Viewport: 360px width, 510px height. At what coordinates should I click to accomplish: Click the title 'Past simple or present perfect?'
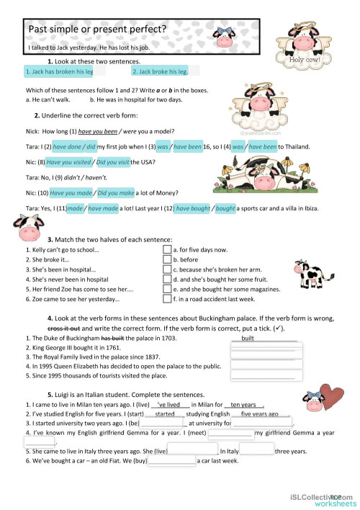(97, 30)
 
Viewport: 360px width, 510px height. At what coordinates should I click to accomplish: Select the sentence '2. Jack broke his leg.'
(160, 72)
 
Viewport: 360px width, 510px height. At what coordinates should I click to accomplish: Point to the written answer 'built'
(248, 337)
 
